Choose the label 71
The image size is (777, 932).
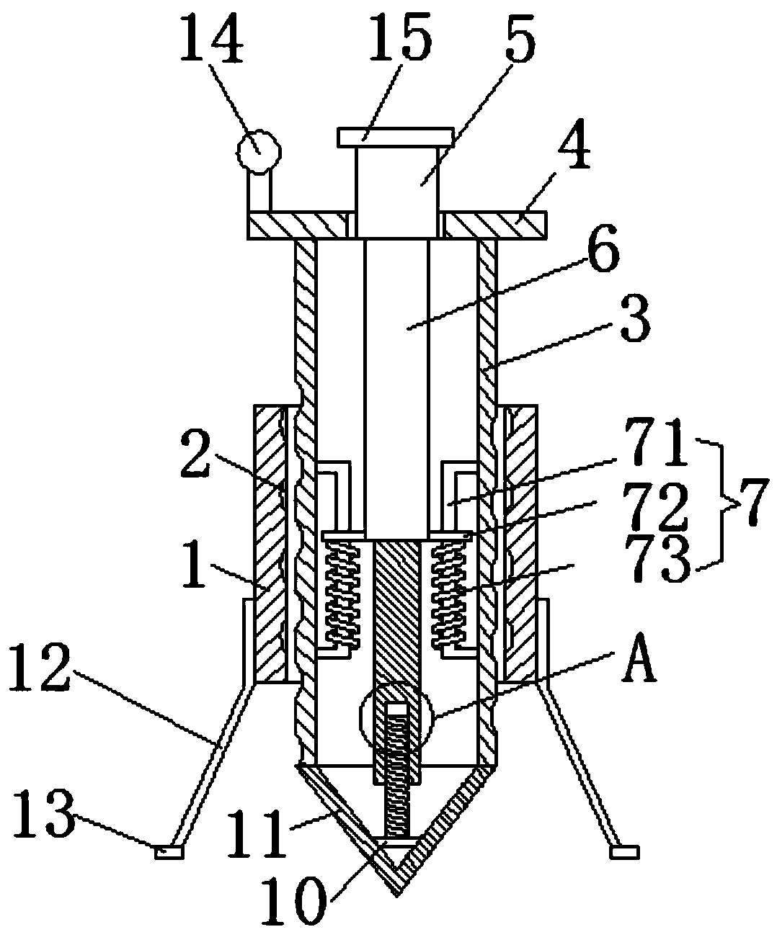click(656, 443)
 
